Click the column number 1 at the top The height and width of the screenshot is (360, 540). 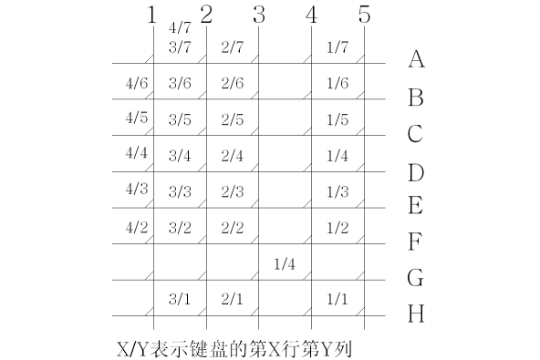tap(151, 15)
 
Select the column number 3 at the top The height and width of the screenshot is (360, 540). tap(258, 15)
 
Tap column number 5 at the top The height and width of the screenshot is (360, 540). tap(364, 15)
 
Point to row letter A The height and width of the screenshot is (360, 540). tap(416, 60)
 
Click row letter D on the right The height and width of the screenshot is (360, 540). tap(416, 171)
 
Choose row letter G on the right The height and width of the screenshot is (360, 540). tap(416, 277)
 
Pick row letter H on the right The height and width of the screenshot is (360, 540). tap(416, 314)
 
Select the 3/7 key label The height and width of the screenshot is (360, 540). tap(179, 46)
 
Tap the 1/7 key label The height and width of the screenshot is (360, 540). tap(337, 46)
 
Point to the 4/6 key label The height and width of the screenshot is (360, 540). tap(136, 83)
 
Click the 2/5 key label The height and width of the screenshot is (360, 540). tap(232, 119)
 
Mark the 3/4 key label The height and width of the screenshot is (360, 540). tap(179, 155)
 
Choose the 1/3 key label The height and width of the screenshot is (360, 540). tap(337, 191)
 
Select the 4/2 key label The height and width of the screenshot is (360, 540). tap(136, 227)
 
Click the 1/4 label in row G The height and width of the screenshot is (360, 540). tap(285, 264)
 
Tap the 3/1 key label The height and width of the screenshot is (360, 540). tap(179, 298)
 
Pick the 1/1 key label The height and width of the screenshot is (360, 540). tap(337, 298)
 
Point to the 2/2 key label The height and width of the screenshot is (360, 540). tap(232, 227)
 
